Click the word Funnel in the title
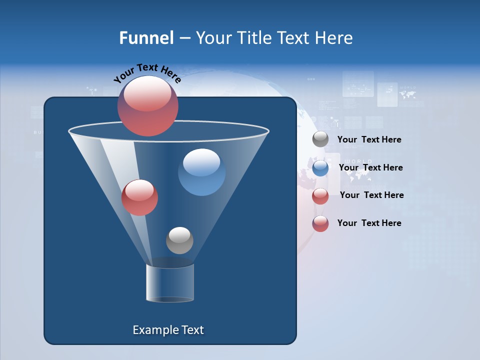[x=146, y=38]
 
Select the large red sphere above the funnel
[x=148, y=106]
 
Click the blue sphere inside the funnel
[x=202, y=172]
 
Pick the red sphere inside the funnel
[x=139, y=197]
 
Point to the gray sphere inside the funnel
[x=179, y=240]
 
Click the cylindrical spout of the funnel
[x=170, y=283]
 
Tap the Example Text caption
[x=168, y=330]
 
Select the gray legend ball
[x=320, y=139]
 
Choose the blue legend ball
[x=320, y=168]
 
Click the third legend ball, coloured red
[x=320, y=196]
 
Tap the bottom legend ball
[x=320, y=223]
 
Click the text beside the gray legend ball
[x=369, y=140]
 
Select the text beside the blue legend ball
[x=370, y=167]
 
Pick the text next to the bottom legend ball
[x=369, y=223]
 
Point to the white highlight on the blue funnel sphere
[x=201, y=163]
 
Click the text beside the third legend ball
[x=371, y=195]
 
